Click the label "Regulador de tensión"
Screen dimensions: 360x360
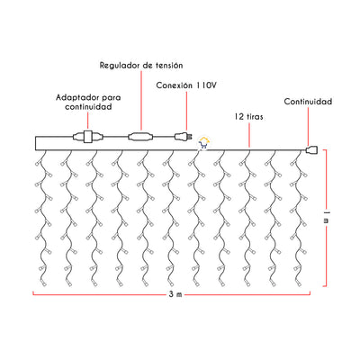pyautogui.click(x=141, y=66)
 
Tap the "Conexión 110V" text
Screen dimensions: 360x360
pyautogui.click(x=186, y=85)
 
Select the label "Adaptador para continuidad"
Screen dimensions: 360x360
pyautogui.click(x=88, y=102)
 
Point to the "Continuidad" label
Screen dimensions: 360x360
pyautogui.click(x=308, y=102)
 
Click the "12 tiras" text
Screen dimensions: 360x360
pyautogui.click(x=248, y=117)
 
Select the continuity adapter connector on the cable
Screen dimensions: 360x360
pyautogui.click(x=88, y=137)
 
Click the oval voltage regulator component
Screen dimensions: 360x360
pyautogui.click(x=140, y=137)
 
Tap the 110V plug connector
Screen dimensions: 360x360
pyautogui.click(x=183, y=137)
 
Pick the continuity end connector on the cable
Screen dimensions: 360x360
pyautogui.click(x=311, y=149)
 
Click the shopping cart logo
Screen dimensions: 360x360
pyautogui.click(x=204, y=144)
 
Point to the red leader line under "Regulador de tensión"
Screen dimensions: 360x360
pyautogui.click(x=141, y=102)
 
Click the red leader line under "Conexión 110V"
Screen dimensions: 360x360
pyautogui.click(x=186, y=112)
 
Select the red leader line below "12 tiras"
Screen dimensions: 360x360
pyautogui.click(x=249, y=135)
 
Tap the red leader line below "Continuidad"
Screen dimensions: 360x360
pyautogui.click(x=309, y=126)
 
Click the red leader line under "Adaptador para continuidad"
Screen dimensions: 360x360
pyautogui.click(x=88, y=121)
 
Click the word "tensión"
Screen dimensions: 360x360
pyautogui.click(x=169, y=66)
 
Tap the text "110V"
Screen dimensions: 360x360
pyautogui.click(x=206, y=85)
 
